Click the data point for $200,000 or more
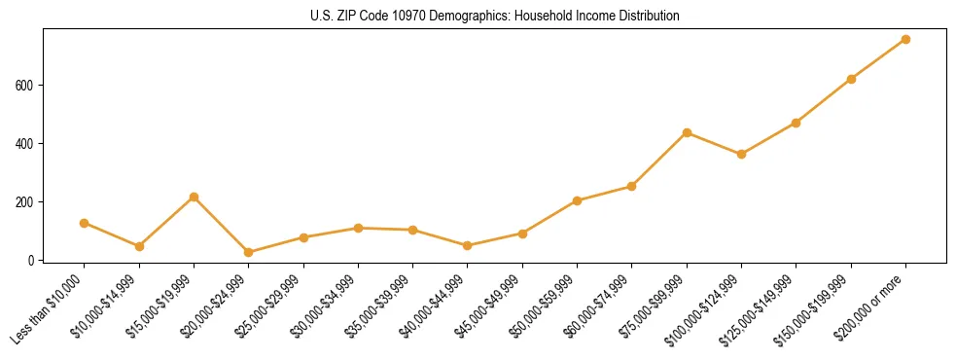coord(905,39)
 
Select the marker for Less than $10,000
coord(85,223)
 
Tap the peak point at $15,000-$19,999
coord(195,197)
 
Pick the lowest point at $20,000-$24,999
coord(249,252)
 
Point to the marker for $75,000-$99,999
coord(687,132)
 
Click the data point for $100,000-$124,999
coord(742,154)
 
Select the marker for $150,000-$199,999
coord(851,79)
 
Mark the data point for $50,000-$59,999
coord(578,200)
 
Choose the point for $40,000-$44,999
coord(468,245)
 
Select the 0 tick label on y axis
coord(32,261)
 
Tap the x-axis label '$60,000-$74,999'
coord(599,305)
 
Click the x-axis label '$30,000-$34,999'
coord(325,305)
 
